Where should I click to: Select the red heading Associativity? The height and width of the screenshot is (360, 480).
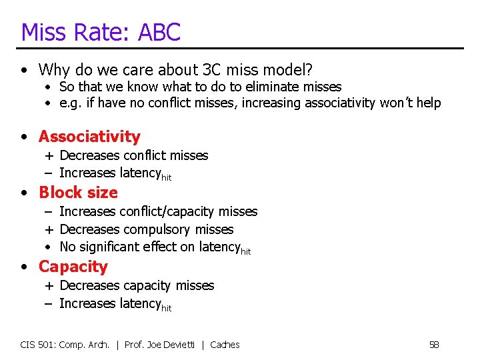(89, 137)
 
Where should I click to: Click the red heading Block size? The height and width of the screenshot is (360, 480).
(78, 193)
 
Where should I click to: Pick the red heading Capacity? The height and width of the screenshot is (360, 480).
(73, 267)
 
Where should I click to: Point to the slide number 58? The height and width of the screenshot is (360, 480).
(434, 345)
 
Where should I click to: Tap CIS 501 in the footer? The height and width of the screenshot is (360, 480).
(38, 345)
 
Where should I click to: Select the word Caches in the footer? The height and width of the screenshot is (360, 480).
(225, 345)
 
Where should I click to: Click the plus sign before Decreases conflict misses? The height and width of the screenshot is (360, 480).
(49, 156)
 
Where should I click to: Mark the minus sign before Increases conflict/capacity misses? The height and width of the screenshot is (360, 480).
(49, 211)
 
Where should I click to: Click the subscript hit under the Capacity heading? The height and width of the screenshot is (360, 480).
(167, 308)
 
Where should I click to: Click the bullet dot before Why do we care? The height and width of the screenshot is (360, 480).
(24, 70)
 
